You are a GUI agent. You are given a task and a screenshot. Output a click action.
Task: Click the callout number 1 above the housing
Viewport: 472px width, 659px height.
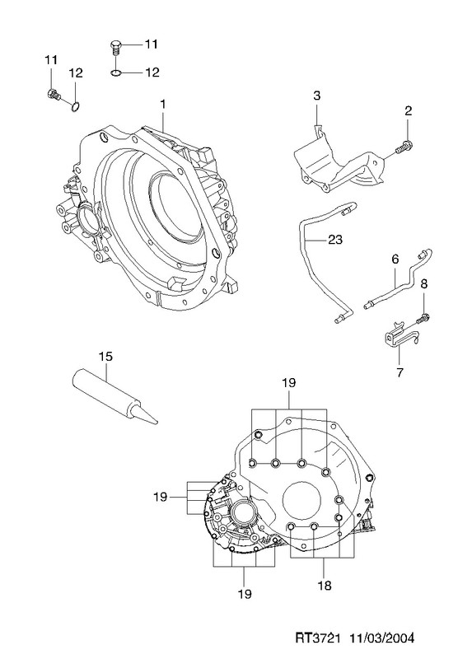click(162, 104)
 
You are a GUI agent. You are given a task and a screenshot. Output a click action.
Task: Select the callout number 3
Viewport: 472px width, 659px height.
click(316, 96)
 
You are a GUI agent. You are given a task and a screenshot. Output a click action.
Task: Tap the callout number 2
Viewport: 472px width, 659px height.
click(408, 111)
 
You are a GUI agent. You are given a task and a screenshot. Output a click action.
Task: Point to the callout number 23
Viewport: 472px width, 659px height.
click(335, 240)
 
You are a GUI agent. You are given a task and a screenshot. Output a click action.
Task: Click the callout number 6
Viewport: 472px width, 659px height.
click(395, 259)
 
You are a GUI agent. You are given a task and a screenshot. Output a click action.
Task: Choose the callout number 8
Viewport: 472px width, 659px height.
click(423, 284)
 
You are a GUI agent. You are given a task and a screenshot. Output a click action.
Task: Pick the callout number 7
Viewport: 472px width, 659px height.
click(400, 372)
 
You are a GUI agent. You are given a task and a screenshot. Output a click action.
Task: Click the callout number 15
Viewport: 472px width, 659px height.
click(106, 357)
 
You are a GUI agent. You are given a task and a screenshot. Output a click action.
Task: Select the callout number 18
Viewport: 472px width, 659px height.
click(325, 585)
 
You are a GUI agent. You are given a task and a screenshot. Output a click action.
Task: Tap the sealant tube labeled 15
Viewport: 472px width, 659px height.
click(114, 396)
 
